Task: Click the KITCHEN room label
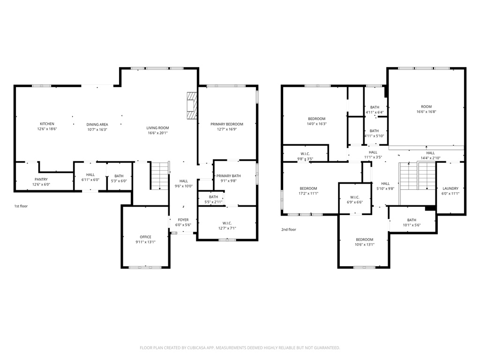click(47, 124)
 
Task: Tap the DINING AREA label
click(97, 125)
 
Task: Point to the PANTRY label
click(41, 179)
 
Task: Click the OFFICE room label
click(145, 237)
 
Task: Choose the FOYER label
click(183, 219)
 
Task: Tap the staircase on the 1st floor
click(159, 176)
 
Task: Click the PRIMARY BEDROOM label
click(227, 124)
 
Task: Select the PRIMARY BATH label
click(228, 175)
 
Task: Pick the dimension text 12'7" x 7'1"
click(227, 228)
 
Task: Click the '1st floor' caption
click(21, 206)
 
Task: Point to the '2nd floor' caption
click(289, 230)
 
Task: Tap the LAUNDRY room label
click(450, 188)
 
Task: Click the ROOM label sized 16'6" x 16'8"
click(426, 106)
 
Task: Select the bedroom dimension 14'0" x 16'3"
click(317, 124)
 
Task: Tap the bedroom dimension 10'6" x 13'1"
click(364, 244)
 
